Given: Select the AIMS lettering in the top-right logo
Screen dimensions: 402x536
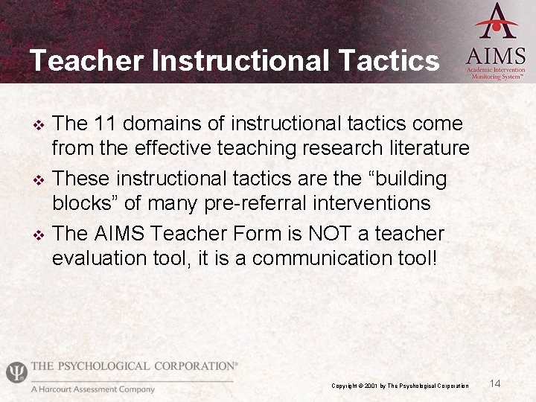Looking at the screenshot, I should click(496, 57).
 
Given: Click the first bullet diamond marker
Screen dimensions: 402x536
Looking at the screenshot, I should click(41, 124).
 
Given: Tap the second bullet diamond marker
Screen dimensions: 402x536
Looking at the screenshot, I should click(41, 179).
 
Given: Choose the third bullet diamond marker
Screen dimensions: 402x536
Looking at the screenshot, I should click(41, 234).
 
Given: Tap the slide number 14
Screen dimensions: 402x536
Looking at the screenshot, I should click(496, 383).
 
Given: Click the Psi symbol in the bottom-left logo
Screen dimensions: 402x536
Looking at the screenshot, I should click(16, 371).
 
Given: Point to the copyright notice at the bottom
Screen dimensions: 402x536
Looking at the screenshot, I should click(400, 386).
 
